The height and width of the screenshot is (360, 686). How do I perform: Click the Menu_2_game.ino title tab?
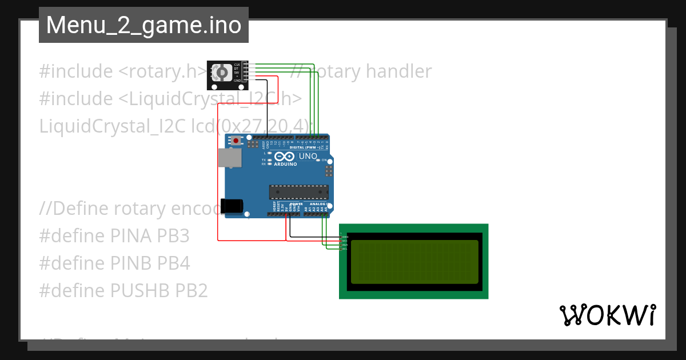143,25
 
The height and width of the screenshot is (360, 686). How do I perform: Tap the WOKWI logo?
607,315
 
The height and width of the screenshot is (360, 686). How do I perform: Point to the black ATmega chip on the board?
299,193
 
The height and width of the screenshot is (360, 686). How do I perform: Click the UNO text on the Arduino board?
308,156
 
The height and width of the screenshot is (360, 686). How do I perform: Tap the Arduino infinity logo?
285,157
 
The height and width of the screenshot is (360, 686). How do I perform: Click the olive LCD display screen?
414,262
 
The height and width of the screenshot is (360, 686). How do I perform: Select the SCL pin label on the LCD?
344,249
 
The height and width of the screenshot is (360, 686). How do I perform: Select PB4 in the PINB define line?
174,263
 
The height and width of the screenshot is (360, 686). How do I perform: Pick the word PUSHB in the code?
141,290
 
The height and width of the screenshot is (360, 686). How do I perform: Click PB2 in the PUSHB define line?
191,290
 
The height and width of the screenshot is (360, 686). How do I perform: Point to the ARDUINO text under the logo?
285,164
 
